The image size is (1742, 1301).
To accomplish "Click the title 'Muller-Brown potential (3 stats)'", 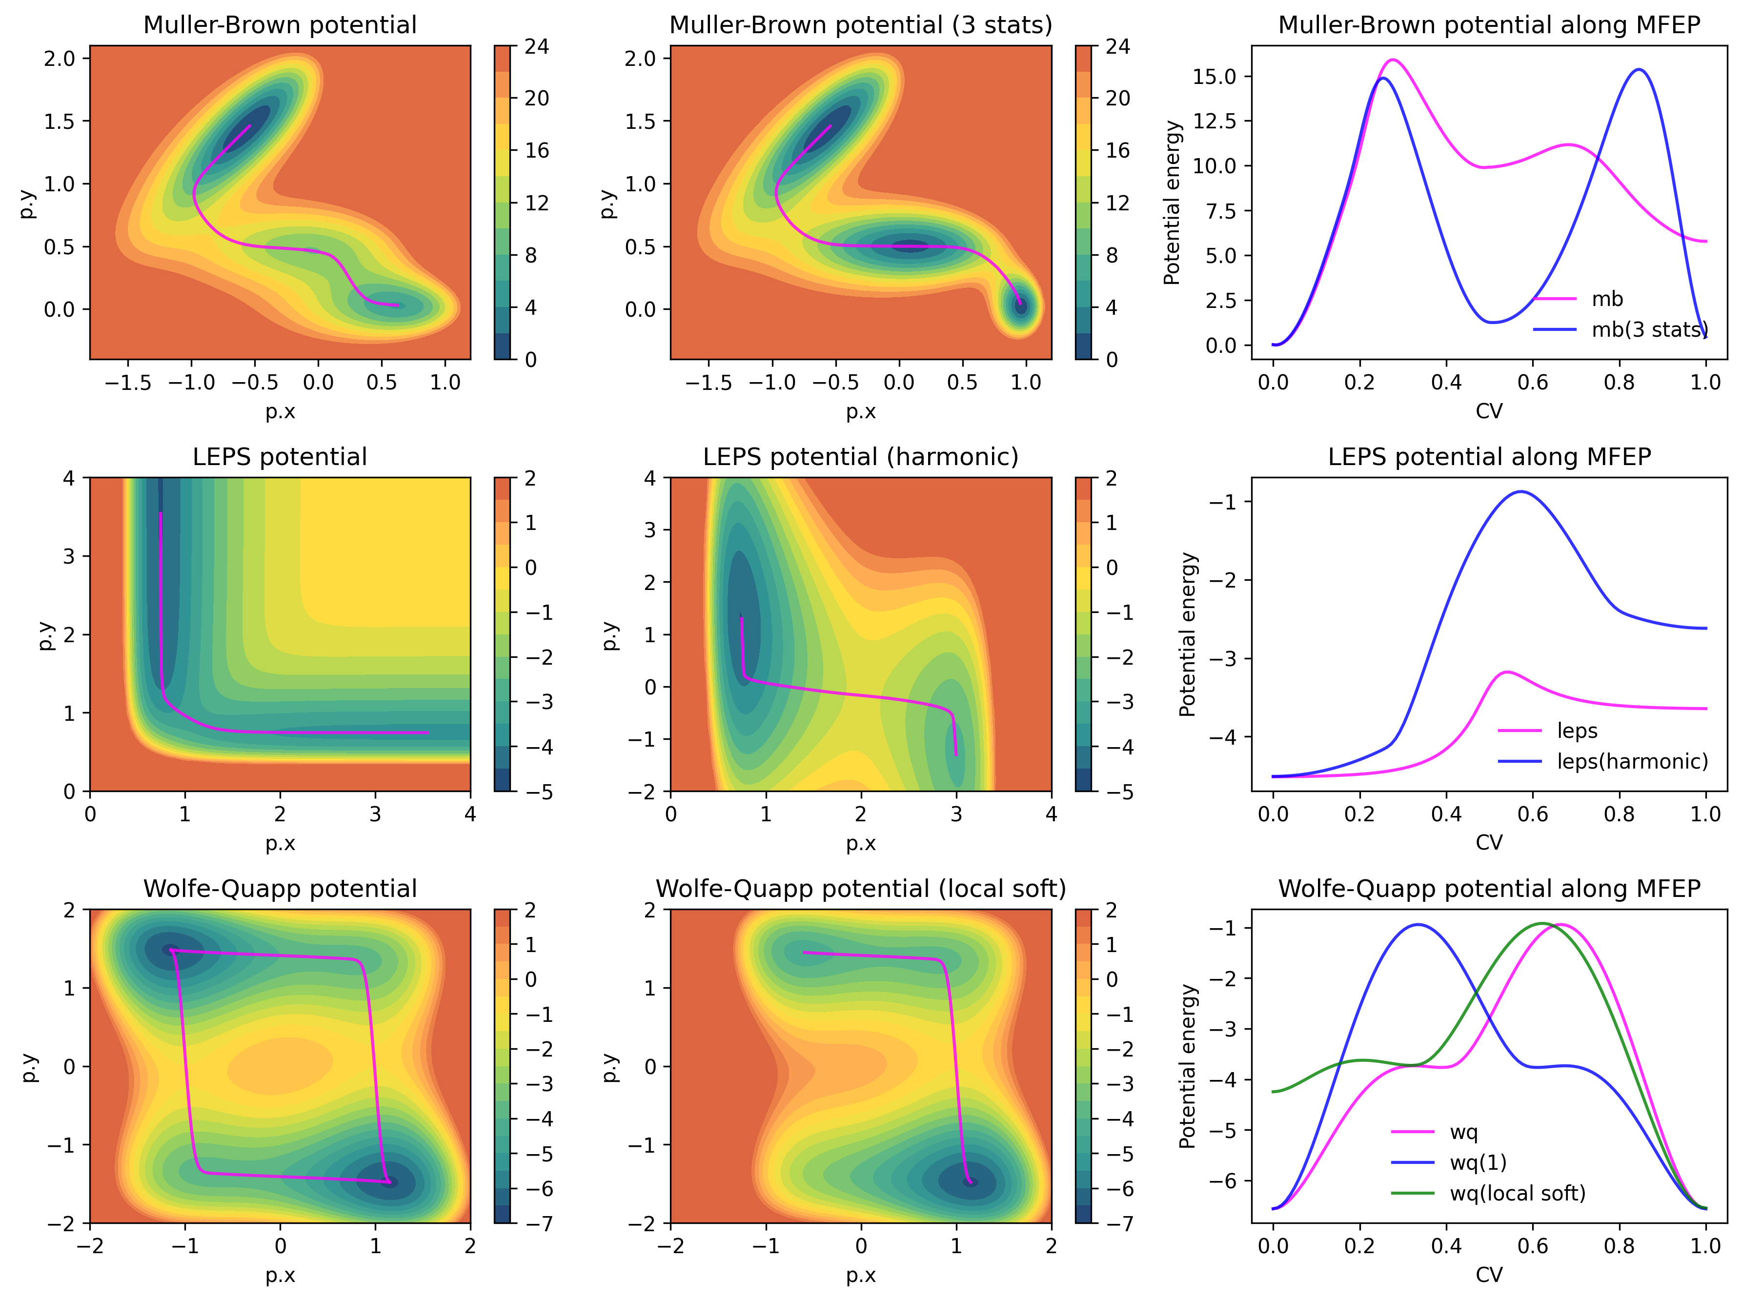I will pos(861,25).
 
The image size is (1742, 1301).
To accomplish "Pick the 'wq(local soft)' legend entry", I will pos(1517,1193).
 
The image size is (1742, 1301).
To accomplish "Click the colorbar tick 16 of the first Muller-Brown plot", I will pos(537,150).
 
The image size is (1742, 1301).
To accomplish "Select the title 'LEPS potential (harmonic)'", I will pos(861,457).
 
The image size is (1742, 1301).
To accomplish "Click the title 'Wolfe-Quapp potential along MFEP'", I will pos(1488,888).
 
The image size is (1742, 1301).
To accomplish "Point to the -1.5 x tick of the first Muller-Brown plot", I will pos(127,383).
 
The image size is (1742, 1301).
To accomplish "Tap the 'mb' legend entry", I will pos(1606,299).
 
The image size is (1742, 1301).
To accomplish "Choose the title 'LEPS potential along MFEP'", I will pos(1488,457).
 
